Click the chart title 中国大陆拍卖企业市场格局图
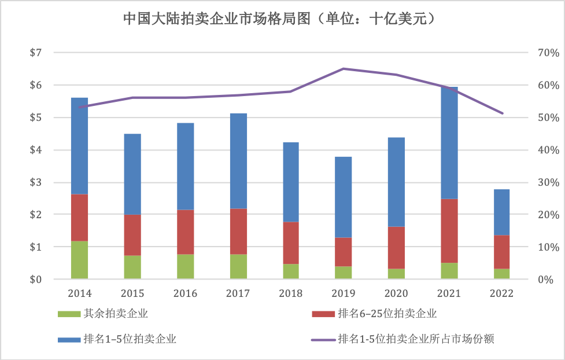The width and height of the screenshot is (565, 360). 282,19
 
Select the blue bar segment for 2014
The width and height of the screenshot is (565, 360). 79,146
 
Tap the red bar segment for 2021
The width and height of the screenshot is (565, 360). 449,230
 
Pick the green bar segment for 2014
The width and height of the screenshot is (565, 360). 79,260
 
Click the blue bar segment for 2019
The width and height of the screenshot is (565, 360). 343,197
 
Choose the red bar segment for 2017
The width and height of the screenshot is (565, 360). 238,231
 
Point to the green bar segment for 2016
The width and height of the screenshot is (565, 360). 185,266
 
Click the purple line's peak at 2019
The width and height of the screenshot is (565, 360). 343,68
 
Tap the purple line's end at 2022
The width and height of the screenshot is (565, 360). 502,113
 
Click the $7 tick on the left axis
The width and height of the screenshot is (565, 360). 36,53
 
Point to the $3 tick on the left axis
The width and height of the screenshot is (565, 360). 36,182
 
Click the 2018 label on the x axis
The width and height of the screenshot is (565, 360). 290,293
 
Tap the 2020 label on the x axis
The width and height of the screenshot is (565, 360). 396,293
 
